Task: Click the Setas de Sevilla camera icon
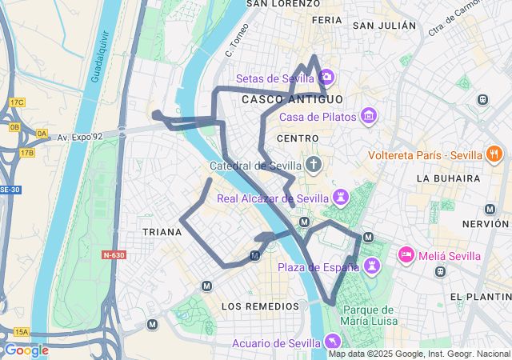326,78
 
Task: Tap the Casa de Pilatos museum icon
369,117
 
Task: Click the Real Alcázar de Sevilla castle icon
342,197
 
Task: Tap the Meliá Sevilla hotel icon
406,255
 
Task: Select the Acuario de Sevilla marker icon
332,342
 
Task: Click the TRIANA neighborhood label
162,231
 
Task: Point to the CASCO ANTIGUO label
292,99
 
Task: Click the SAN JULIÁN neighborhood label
385,26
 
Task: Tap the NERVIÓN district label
486,224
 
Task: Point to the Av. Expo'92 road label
80,138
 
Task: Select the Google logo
26,350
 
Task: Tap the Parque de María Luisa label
369,315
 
